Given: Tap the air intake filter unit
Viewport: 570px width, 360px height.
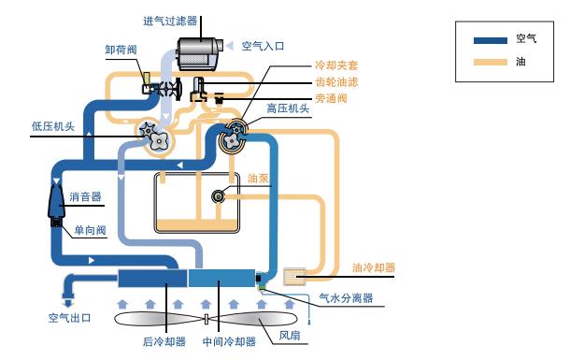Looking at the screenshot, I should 199,51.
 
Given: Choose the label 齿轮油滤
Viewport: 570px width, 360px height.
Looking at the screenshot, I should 335,82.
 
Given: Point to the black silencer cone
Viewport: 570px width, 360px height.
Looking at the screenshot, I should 54,201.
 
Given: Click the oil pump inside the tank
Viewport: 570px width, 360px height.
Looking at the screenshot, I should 220,195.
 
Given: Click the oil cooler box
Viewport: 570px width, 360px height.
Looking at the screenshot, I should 294,276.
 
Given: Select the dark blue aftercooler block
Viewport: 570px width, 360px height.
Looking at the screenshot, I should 152,278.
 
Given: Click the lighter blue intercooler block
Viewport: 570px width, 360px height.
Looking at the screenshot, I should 221,278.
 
